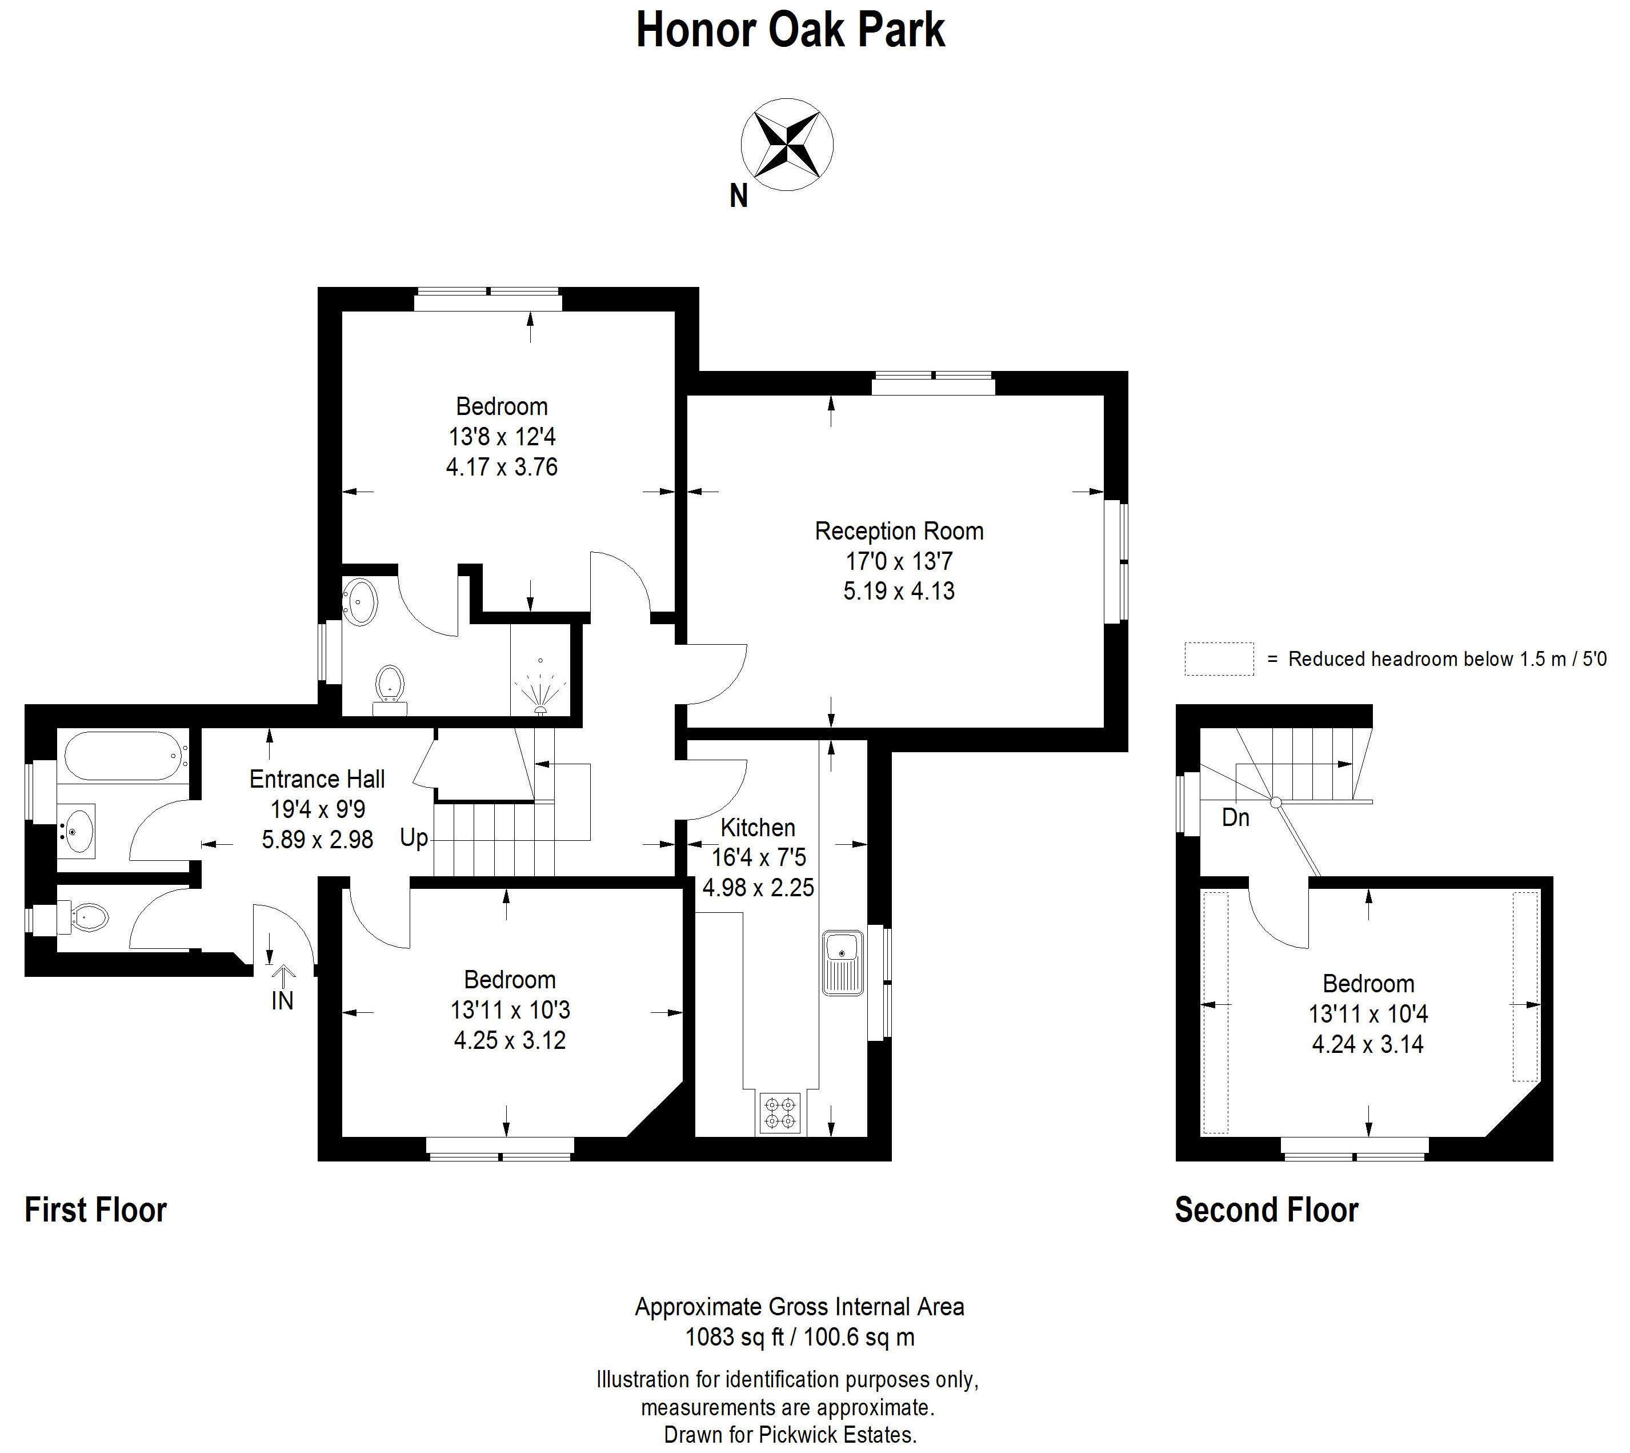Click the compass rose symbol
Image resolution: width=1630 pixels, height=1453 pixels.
pos(787,145)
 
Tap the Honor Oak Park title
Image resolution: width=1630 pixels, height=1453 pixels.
pos(790,30)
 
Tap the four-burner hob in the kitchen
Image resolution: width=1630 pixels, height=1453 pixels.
pos(779,1113)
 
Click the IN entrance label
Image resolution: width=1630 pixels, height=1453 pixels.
pos(282,1000)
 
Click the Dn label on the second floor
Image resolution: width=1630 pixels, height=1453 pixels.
pos(1235,817)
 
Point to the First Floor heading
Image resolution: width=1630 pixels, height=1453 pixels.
pos(96,1209)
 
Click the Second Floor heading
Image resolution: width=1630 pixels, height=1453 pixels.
pos(1266,1209)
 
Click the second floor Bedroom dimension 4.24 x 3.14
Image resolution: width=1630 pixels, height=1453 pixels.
pos(1368,1044)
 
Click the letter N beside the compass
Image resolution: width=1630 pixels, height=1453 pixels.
pos(739,197)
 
